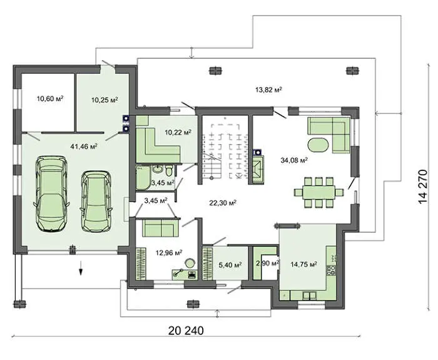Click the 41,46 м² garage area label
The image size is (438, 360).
(84, 146)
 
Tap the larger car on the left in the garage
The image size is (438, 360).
(51, 193)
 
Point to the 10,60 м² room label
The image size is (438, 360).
(50, 98)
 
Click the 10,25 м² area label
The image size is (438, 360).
(104, 100)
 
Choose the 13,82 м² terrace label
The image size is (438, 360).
(268, 90)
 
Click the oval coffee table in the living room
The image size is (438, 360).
(318, 145)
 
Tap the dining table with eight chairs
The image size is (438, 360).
(318, 193)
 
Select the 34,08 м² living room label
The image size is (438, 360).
(294, 160)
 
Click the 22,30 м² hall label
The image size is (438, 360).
(223, 203)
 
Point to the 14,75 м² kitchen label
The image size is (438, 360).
(303, 264)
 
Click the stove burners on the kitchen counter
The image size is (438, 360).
(331, 270)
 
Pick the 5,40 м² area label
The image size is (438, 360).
(230, 264)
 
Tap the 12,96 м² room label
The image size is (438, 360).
(169, 253)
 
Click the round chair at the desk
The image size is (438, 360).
(190, 263)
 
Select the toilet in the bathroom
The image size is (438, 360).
(169, 170)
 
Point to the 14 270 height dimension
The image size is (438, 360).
(422, 187)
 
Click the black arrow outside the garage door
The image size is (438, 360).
(81, 269)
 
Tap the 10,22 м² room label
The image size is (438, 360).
(178, 132)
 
